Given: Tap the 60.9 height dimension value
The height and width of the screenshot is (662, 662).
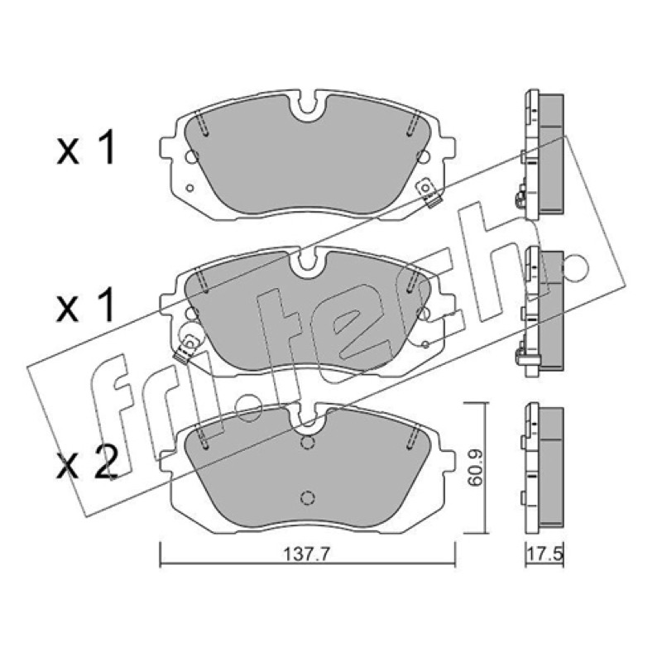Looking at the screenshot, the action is (x=477, y=468).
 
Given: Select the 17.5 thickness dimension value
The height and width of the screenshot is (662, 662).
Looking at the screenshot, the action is (x=544, y=554).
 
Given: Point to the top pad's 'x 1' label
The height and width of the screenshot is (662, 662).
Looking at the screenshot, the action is (x=86, y=147).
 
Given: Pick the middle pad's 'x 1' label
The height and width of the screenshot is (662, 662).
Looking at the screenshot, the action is (x=86, y=305).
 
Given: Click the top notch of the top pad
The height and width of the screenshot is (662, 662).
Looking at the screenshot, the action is (x=307, y=104).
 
